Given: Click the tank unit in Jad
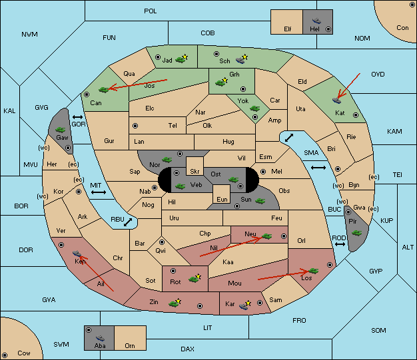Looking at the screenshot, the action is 180,60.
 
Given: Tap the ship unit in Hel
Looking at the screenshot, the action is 316,21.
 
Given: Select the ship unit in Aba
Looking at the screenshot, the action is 100,337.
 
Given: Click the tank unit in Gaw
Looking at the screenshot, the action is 61,130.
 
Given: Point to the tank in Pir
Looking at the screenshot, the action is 356,233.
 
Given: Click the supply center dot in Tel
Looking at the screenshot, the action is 135,126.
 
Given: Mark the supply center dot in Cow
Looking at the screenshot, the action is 5,355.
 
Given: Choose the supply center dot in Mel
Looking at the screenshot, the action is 263,172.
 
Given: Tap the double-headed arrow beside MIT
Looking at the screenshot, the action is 99,192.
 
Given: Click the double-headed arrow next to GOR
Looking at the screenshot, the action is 78,117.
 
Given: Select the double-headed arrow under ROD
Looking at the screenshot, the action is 340,244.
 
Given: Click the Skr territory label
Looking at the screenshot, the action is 195,172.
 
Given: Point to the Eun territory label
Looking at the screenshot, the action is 222,199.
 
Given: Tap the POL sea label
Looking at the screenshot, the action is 151,11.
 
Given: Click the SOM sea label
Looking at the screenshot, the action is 378,330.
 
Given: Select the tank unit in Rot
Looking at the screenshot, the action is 195,279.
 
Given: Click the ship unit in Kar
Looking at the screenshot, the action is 244,305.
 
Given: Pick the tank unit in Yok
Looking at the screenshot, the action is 254,108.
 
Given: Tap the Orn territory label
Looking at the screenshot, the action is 130,345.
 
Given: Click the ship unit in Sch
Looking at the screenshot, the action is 241,59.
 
